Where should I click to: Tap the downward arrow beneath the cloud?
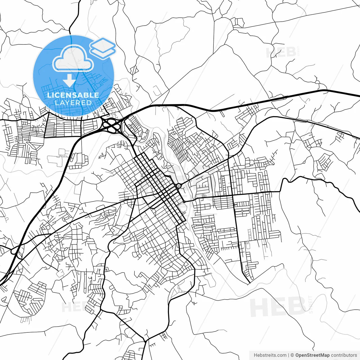click(69, 80)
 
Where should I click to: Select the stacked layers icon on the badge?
click(103, 48)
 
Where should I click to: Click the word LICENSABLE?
click(73, 95)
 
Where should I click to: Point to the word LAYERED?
click(73, 103)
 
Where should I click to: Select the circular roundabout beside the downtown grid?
click(178, 186)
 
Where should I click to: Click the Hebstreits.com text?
click(270, 355)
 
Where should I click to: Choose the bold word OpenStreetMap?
click(312, 355)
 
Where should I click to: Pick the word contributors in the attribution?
click(344, 355)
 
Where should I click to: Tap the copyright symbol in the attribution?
click(292, 355)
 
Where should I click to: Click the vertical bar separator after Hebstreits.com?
click(289, 355)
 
